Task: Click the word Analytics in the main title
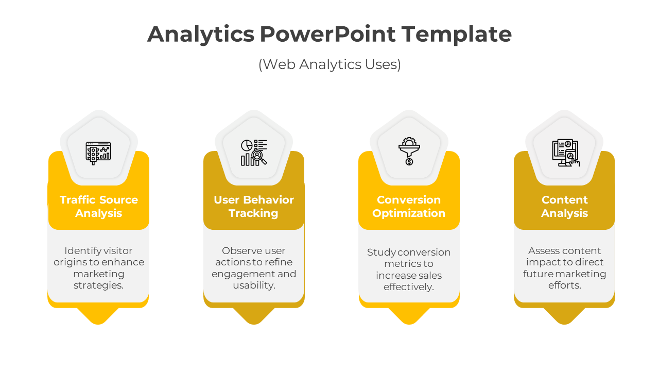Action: point(201,35)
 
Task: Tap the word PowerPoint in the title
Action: point(327,34)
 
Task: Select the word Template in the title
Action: point(456,35)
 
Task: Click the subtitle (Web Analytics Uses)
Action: point(329,64)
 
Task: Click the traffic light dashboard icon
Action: point(98,153)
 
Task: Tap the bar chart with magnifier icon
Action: point(254,153)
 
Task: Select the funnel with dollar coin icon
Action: point(409,151)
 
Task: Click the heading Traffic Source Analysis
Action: point(98,207)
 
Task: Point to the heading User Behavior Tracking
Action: point(254,207)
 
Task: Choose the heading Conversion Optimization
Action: point(409,207)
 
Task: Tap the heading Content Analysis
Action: point(565,207)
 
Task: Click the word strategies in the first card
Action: point(98,285)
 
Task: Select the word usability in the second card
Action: point(254,285)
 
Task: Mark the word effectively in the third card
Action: point(409,287)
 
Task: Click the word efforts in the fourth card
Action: point(565,285)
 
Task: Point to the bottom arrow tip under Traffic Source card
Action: point(98,324)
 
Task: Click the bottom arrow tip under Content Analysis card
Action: point(564,324)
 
